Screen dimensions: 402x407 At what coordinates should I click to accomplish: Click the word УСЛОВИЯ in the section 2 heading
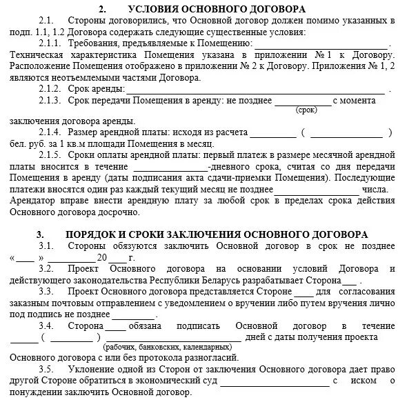pos(154,9)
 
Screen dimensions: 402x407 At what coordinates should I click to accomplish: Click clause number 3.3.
pos(46,291)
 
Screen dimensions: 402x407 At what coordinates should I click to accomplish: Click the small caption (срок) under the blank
pos(304,110)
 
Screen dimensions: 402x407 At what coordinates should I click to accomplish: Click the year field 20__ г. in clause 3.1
pos(110,258)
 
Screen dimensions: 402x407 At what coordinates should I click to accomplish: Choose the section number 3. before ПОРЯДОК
pos(40,234)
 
